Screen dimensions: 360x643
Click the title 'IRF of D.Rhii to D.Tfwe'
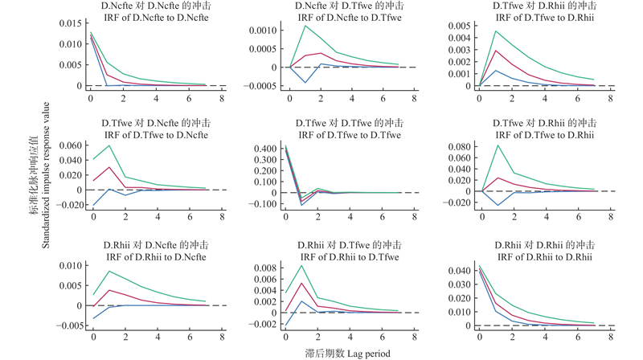344,256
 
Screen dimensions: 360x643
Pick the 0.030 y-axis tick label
462,284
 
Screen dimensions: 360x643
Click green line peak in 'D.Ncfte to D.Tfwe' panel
305,26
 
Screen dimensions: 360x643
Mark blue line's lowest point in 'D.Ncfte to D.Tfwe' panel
305,83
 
